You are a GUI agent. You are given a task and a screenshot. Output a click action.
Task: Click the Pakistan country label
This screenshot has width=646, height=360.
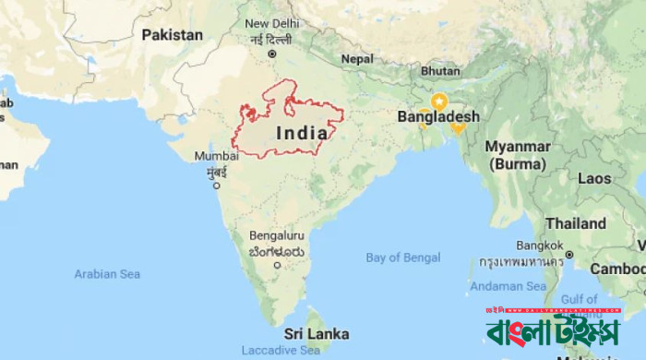[172, 34]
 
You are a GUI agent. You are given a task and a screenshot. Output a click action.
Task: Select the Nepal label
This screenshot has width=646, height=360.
[357, 58]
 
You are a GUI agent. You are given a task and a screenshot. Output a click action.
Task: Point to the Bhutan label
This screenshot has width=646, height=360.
[439, 71]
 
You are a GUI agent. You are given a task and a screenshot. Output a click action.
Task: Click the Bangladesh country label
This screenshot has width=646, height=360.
[438, 117]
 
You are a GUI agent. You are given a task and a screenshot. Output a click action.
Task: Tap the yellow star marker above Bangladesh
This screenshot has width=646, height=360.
[439, 100]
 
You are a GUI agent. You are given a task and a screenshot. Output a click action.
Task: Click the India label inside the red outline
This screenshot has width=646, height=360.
[300, 132]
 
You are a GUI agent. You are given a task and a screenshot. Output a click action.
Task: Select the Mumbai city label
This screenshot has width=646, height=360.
[217, 156]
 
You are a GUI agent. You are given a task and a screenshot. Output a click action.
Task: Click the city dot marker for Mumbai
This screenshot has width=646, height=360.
[217, 185]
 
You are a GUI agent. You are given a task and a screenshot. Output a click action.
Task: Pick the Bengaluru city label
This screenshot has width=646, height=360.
[276, 235]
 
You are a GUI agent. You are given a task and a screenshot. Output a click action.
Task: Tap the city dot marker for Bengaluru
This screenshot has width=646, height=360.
[278, 266]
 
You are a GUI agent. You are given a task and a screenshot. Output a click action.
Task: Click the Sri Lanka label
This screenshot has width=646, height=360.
[316, 332]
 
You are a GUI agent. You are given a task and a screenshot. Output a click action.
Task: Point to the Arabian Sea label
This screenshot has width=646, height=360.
[107, 274]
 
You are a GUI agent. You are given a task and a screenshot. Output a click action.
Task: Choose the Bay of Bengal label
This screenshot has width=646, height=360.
[402, 257]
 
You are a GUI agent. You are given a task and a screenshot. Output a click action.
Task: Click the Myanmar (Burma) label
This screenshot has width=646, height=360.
[518, 155]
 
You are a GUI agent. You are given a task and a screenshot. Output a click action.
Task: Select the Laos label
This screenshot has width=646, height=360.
[595, 178]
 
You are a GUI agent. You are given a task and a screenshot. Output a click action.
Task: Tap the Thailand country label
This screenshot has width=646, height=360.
[575, 223]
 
